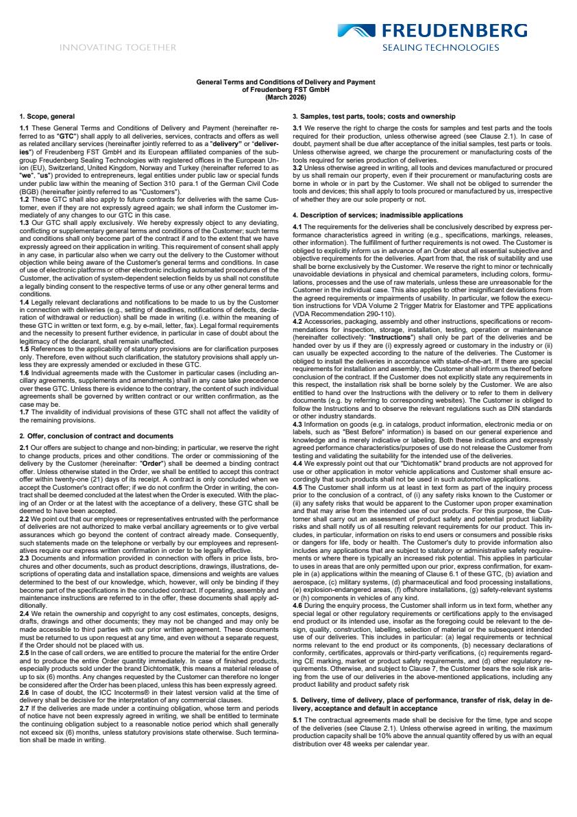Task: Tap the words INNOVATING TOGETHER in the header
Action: (x=118, y=47)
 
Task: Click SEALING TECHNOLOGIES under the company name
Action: (x=441, y=47)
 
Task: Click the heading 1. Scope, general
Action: (x=47, y=117)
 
